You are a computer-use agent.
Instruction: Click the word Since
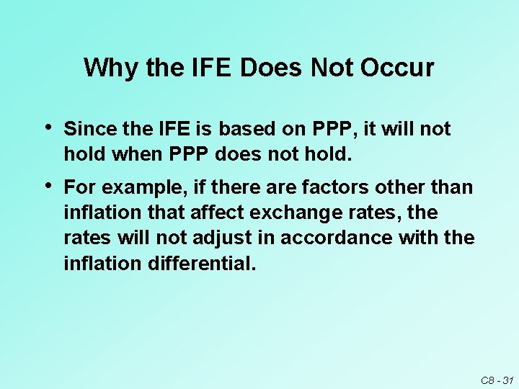[x=86, y=129]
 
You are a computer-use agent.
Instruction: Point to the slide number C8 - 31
[x=497, y=380]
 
